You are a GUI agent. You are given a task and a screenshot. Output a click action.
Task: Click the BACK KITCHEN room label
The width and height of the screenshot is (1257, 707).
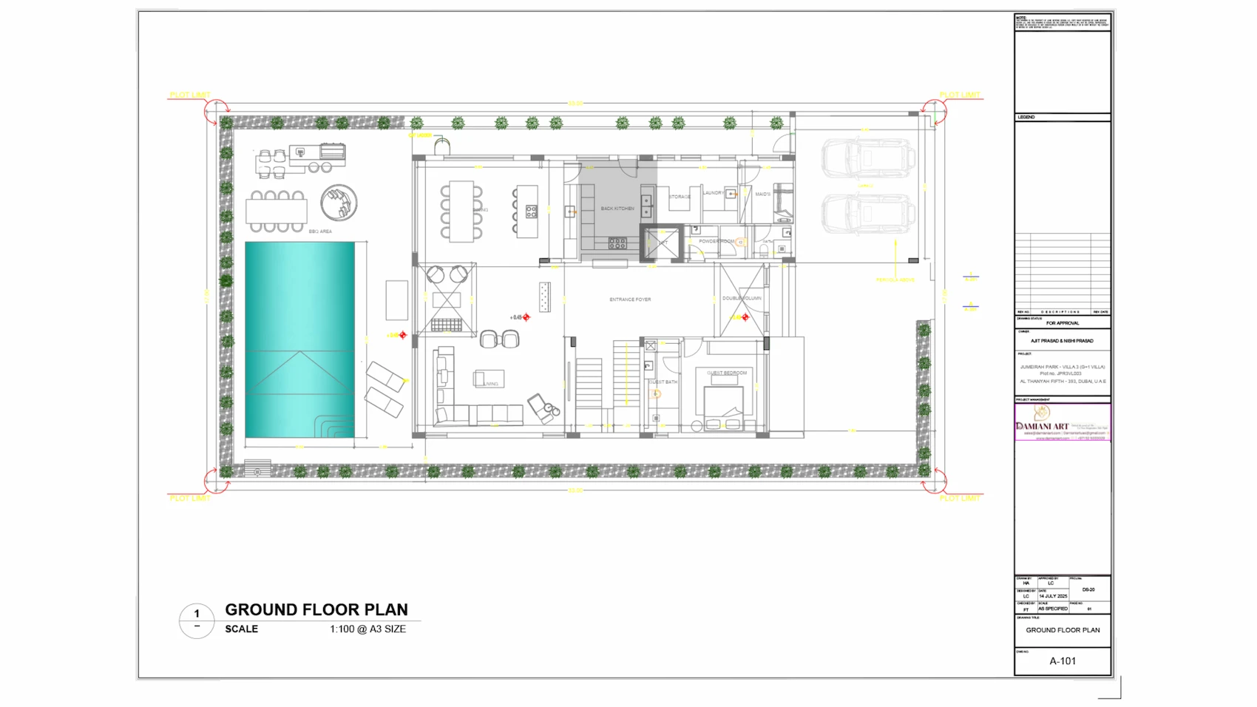pyautogui.click(x=617, y=209)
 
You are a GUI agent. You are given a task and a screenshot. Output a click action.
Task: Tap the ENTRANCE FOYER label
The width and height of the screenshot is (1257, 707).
pyautogui.click(x=630, y=300)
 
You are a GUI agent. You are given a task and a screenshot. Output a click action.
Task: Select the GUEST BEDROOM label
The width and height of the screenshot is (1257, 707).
pyautogui.click(x=727, y=373)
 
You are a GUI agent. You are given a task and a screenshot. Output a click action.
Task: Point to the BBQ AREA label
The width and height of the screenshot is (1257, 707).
pyautogui.click(x=320, y=231)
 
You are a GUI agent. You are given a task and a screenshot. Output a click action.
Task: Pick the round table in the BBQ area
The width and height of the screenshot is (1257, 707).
pyautogui.click(x=339, y=201)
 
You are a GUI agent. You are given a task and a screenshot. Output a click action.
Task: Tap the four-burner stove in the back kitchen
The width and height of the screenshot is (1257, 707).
pyautogui.click(x=617, y=243)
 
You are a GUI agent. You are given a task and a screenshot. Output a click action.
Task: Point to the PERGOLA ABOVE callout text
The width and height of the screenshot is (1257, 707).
pyautogui.click(x=895, y=280)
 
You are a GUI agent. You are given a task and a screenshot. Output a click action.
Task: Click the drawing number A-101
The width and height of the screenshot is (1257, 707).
pyautogui.click(x=1063, y=661)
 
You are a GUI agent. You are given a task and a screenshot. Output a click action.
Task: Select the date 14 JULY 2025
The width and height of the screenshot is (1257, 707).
pyautogui.click(x=1053, y=596)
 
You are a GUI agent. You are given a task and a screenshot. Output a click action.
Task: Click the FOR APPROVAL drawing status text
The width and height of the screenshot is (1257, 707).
pyautogui.click(x=1063, y=323)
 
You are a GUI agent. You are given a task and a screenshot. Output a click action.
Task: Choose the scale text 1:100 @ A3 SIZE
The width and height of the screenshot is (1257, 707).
pyautogui.click(x=367, y=629)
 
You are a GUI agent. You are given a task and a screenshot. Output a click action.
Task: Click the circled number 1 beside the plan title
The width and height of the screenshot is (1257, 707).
pyautogui.click(x=197, y=614)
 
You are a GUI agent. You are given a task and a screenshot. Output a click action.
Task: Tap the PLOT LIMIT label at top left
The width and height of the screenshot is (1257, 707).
pyautogui.click(x=190, y=95)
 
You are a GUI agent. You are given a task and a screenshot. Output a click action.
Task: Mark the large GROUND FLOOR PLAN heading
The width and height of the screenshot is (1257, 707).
pyautogui.click(x=316, y=610)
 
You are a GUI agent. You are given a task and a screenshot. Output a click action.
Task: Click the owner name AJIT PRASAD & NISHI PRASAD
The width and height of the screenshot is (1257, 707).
pyautogui.click(x=1062, y=341)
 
